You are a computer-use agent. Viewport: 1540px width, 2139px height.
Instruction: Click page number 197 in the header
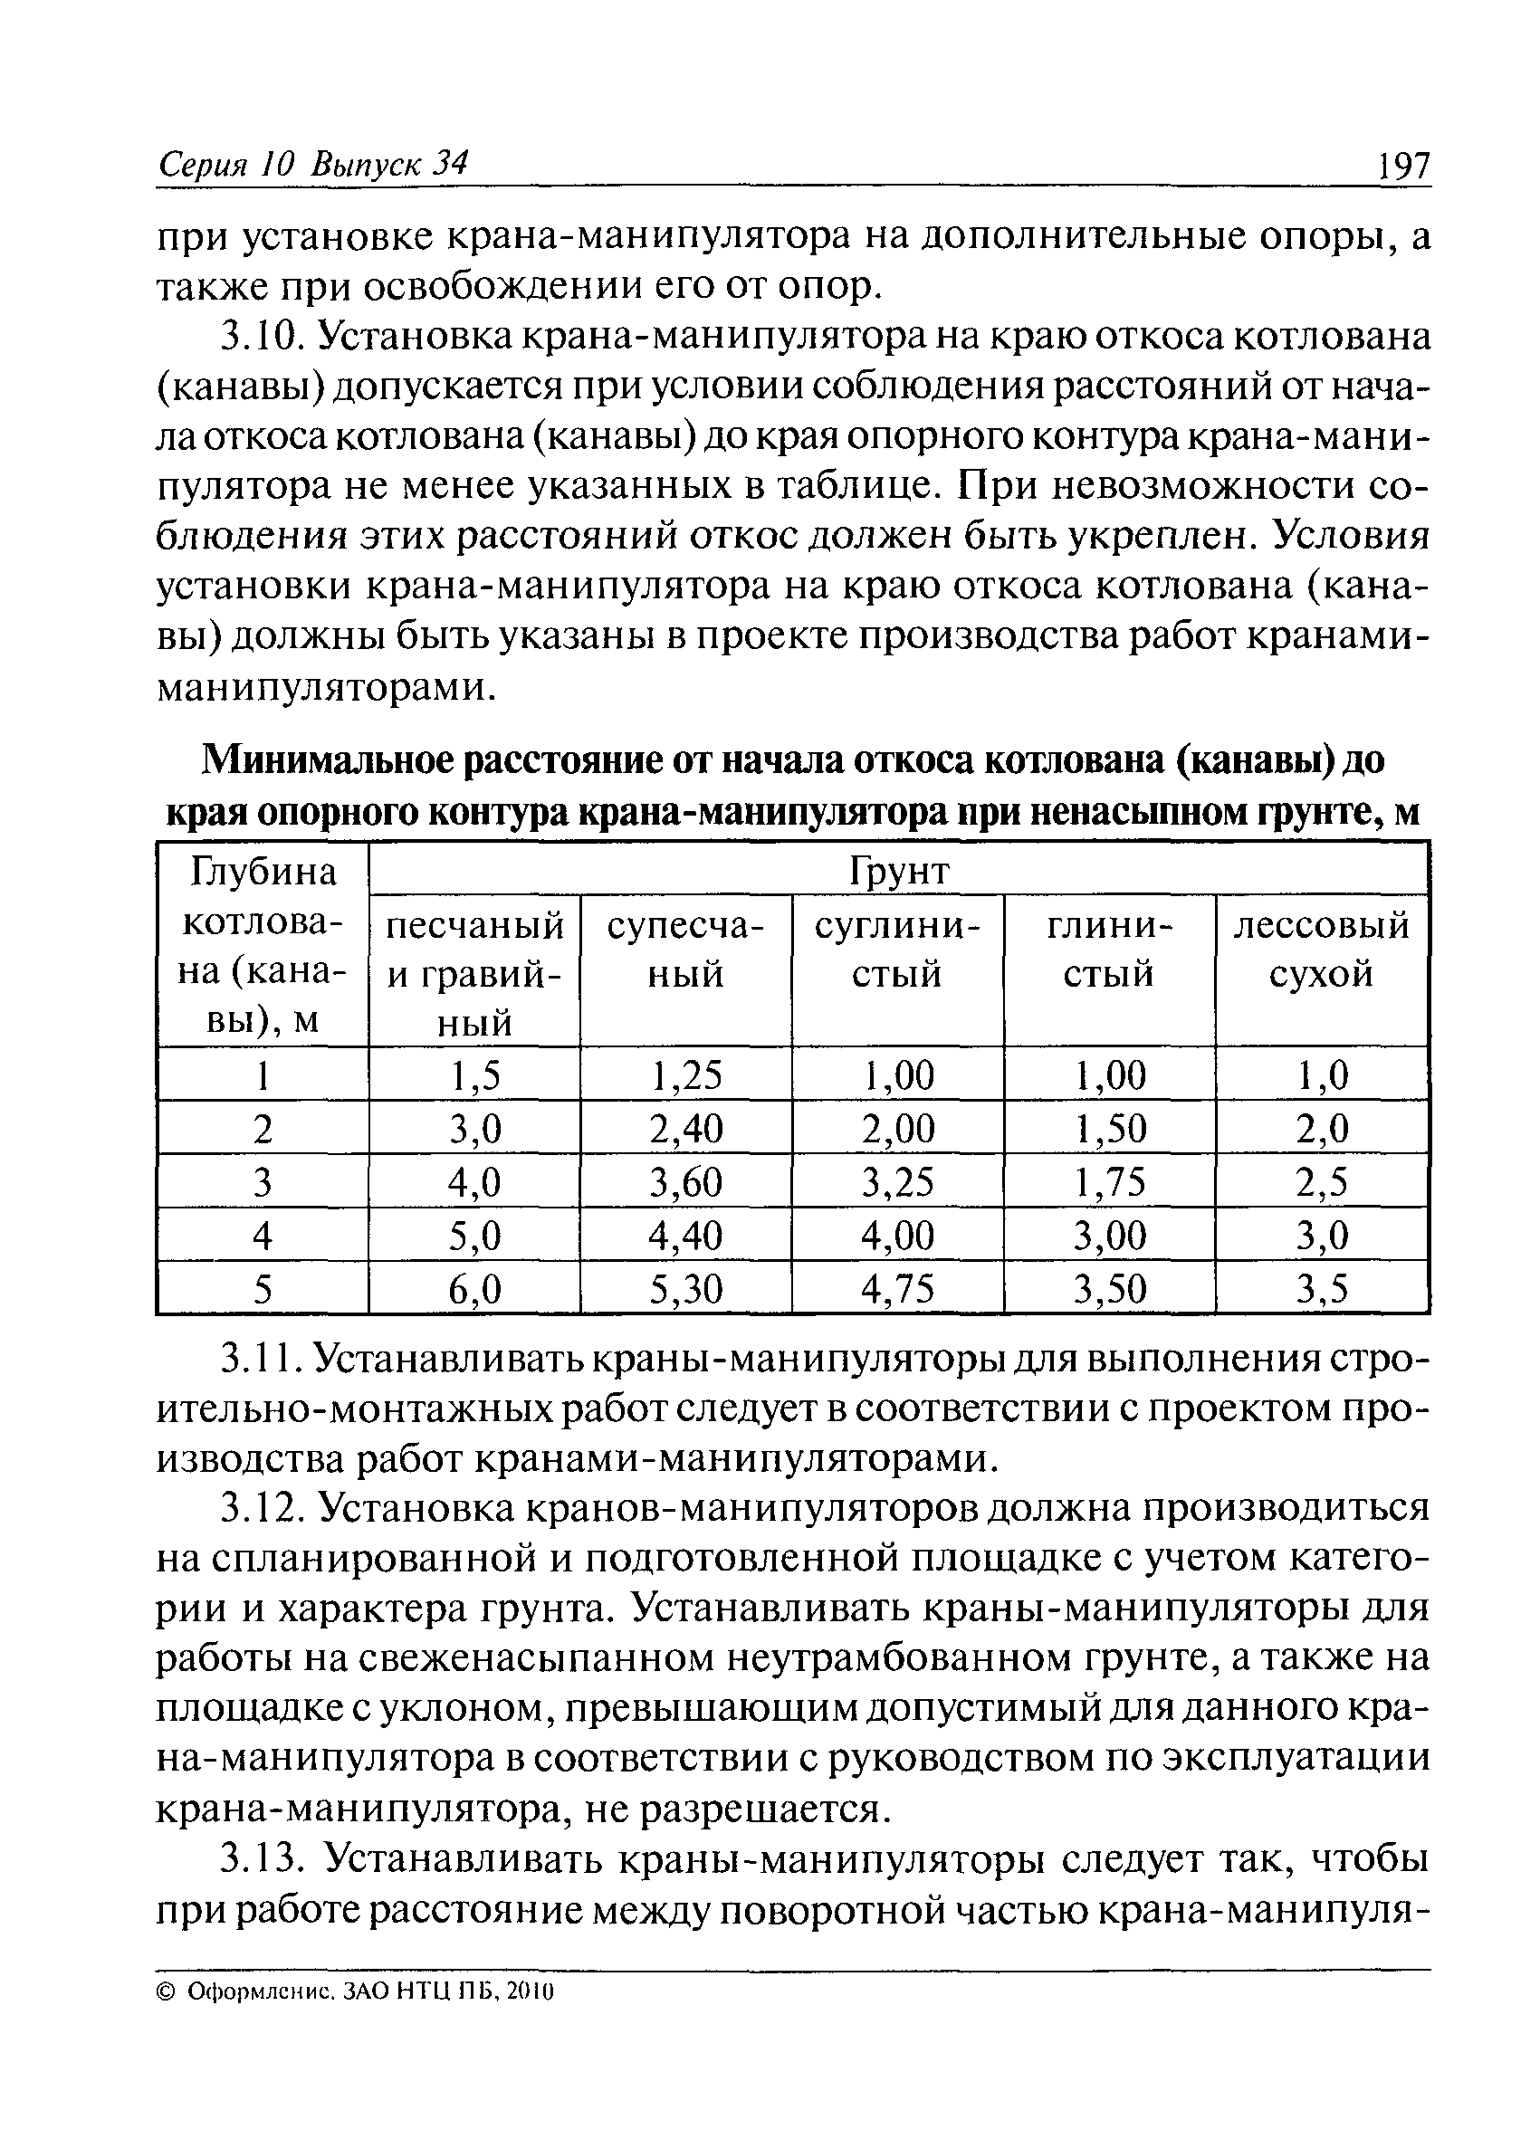[1403, 167]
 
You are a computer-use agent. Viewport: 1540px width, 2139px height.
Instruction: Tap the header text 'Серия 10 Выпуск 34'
[312, 165]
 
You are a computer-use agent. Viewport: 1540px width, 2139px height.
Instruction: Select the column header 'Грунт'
[898, 871]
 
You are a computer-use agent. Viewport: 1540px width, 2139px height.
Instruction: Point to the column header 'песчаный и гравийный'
[474, 972]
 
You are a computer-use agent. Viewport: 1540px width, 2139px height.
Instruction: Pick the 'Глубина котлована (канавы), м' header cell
[263, 946]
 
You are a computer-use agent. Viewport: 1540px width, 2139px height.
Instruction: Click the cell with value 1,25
[685, 1075]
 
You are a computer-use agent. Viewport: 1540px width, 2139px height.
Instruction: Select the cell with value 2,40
[685, 1128]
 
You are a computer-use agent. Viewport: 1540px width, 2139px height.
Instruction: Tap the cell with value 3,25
[897, 1181]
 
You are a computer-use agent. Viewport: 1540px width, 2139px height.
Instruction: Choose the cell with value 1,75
[1109, 1181]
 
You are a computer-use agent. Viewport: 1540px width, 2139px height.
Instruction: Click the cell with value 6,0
[474, 1288]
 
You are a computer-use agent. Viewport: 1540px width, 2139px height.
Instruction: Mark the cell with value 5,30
[685, 1288]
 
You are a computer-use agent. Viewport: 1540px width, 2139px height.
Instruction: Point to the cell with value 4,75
[897, 1288]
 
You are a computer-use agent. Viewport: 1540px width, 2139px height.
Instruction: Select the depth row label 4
[263, 1236]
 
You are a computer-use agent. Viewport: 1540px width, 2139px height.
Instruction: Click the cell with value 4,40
[685, 1236]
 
